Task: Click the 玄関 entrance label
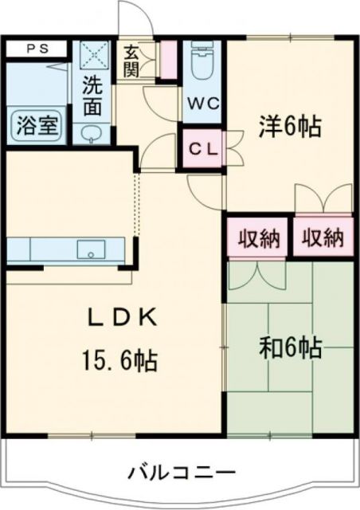(131, 61)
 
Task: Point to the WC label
(205, 104)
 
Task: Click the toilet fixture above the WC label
(205, 63)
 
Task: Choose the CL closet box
(203, 148)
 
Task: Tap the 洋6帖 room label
(288, 126)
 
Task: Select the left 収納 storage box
(256, 237)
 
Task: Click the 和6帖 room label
(290, 347)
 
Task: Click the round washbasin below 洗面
(91, 133)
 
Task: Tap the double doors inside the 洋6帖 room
(323, 199)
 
